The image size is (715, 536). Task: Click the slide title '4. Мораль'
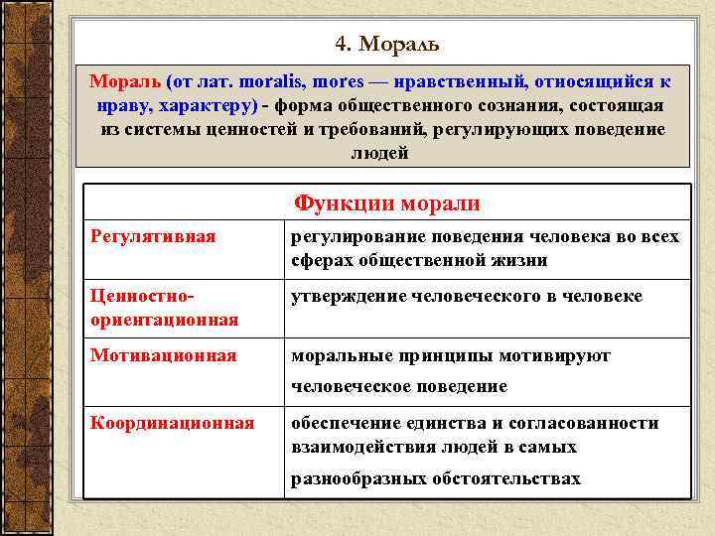pos(386,45)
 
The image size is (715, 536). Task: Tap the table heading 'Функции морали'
pos(386,203)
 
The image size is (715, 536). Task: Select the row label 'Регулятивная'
pos(153,237)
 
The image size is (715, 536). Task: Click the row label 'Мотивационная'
pos(163,355)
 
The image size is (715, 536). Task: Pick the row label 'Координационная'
pos(172,423)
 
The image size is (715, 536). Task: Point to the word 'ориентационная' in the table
pos(164,320)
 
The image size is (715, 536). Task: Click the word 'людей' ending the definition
pos(379,154)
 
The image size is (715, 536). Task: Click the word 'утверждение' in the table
pos(345,297)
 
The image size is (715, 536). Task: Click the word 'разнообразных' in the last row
pos(358,478)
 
